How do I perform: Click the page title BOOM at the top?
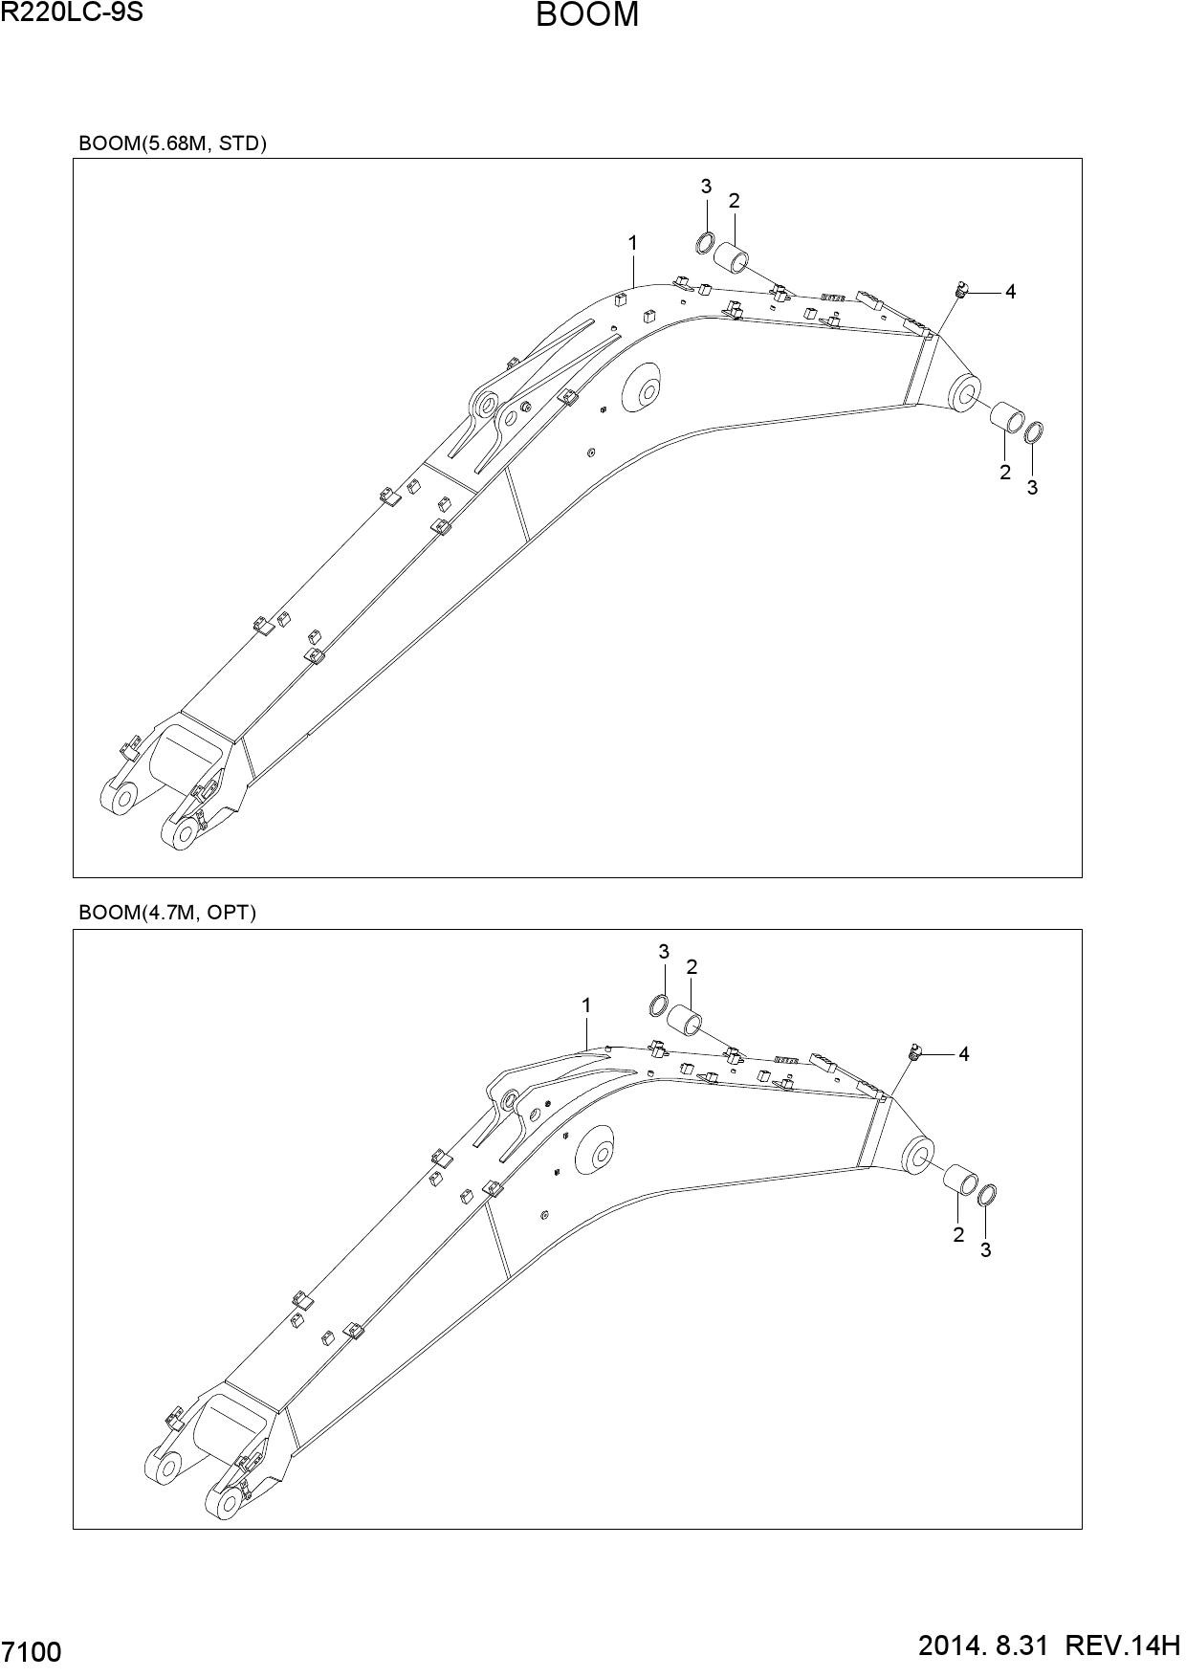pyautogui.click(x=587, y=16)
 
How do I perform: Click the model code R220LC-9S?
pyautogui.click(x=73, y=12)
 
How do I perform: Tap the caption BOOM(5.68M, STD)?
pyautogui.click(x=172, y=144)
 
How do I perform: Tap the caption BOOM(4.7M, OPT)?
pyautogui.click(x=167, y=913)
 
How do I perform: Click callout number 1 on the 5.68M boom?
pyautogui.click(x=632, y=244)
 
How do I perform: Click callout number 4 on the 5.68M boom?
pyautogui.click(x=1010, y=292)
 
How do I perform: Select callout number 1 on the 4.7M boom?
pyautogui.click(x=585, y=1005)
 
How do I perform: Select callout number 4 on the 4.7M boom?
pyautogui.click(x=964, y=1054)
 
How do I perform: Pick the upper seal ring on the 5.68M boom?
pyautogui.click(x=705, y=243)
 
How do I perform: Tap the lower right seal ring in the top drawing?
pyautogui.click(x=1034, y=432)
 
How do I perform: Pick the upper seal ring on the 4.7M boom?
pyautogui.click(x=659, y=1005)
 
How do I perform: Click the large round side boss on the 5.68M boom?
pyautogui.click(x=643, y=389)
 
